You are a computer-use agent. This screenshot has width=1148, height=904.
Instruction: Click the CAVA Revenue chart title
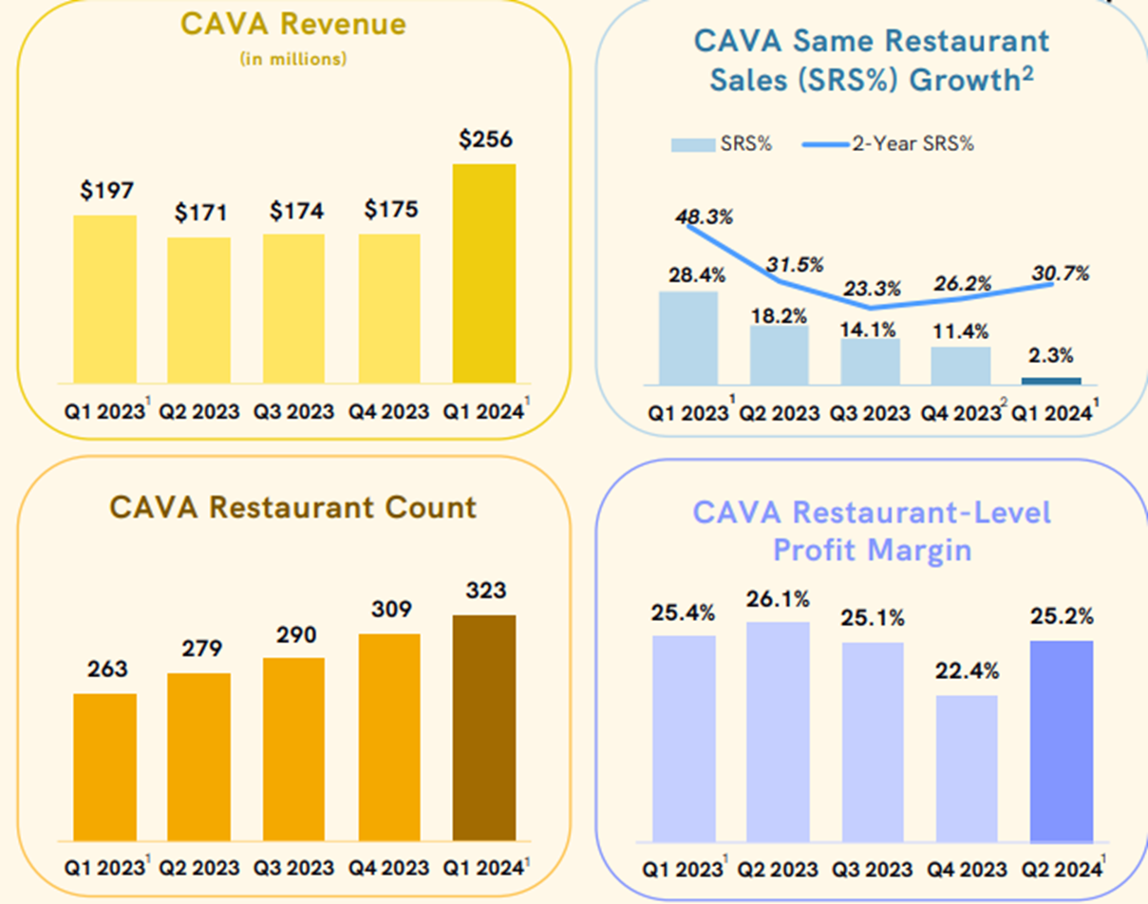coord(293,25)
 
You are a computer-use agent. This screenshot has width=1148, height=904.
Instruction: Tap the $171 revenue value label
coord(199,213)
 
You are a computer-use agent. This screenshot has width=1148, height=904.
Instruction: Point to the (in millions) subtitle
coord(293,60)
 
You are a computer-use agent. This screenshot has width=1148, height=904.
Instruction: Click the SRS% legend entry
coord(721,144)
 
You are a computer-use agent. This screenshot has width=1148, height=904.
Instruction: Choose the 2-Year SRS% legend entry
coord(887,144)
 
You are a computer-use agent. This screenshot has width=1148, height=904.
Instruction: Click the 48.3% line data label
coord(705,217)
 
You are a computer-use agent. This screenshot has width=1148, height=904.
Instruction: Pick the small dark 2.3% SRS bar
coord(1051,381)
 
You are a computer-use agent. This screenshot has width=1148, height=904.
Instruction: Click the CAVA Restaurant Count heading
coord(293,507)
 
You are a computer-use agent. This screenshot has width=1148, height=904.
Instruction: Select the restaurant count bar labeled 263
coord(104,766)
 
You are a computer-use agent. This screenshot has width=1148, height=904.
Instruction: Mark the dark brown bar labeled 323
coord(484,727)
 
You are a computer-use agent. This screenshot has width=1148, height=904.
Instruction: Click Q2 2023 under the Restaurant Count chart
coord(199,868)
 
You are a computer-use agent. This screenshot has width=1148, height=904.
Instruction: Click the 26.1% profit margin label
coord(778,599)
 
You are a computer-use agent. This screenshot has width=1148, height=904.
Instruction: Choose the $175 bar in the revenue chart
coord(389,308)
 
